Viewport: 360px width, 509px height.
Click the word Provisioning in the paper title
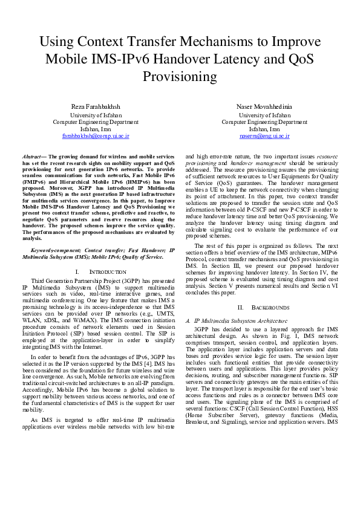[x=180, y=77]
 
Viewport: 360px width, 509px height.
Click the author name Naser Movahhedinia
[x=264, y=106]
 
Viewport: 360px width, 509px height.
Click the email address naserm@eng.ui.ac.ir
[x=264, y=137]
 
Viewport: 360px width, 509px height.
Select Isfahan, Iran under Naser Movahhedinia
[x=264, y=129]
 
